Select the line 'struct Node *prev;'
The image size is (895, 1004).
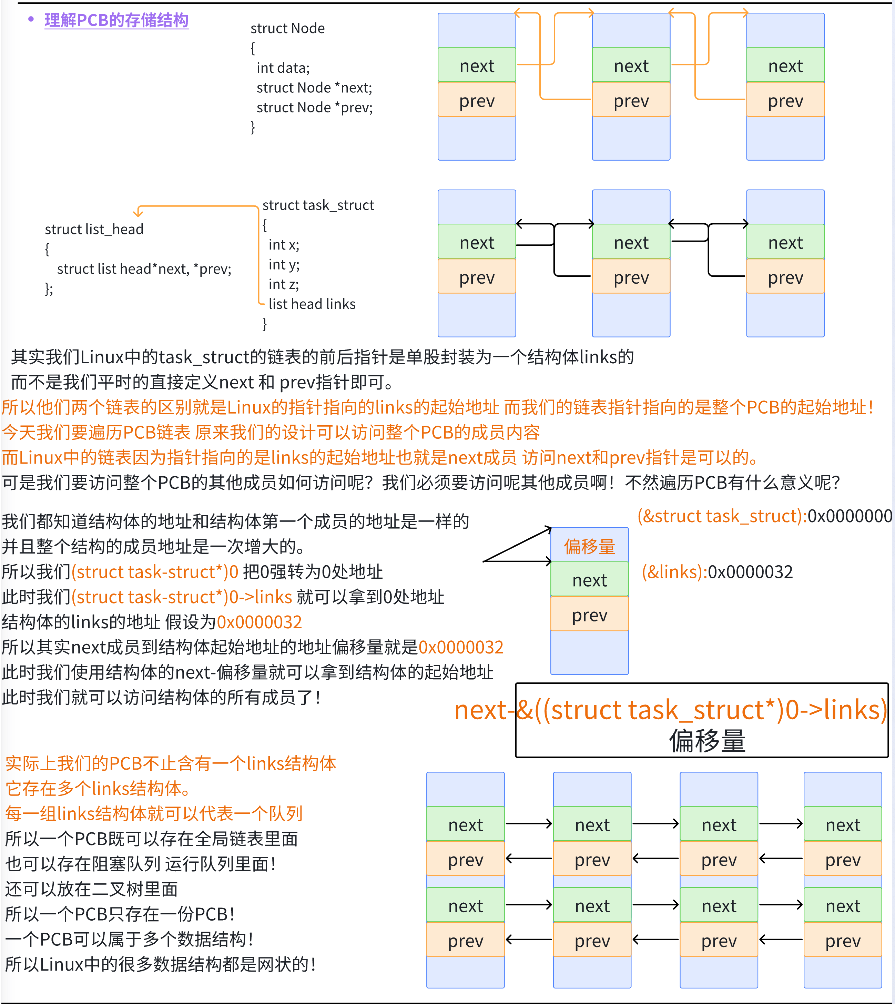pos(314,107)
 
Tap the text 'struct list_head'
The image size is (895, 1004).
pos(94,229)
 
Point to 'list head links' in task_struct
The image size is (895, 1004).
pos(312,304)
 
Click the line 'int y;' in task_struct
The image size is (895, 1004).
pos(284,264)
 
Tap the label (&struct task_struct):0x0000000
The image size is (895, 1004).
pos(764,516)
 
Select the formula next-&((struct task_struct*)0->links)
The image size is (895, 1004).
pos(671,710)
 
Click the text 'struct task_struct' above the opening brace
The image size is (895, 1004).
pos(318,205)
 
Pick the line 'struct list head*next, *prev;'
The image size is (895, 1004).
pos(144,269)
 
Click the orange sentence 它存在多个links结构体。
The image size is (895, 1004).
pos(98,789)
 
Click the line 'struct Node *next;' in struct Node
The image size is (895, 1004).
pos(314,88)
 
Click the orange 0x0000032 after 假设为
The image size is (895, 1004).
pos(259,622)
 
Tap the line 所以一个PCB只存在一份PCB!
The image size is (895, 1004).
pos(120,914)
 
